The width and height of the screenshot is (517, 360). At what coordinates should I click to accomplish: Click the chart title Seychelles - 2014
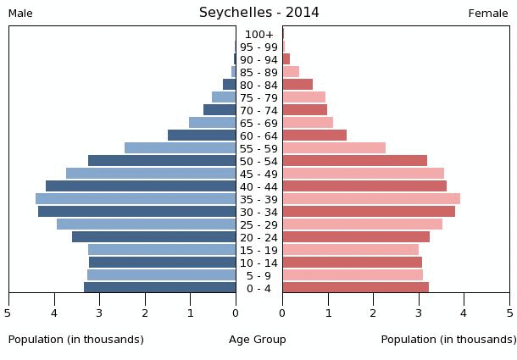point(259,13)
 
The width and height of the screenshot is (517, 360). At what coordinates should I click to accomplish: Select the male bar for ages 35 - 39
point(136,199)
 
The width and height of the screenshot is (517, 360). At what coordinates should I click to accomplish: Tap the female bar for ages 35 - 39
point(371,199)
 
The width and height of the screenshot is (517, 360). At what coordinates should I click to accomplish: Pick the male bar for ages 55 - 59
point(181,148)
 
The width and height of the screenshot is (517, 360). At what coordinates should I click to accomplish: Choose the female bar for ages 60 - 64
point(314,136)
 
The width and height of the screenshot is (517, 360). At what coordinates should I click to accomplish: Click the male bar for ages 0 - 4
point(160,288)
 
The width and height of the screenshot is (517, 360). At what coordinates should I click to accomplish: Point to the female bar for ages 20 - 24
point(356,237)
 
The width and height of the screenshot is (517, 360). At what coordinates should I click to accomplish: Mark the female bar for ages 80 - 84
point(297,85)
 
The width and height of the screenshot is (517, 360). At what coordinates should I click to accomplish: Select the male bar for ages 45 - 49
point(151,174)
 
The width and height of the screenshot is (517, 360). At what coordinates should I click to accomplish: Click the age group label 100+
point(259,35)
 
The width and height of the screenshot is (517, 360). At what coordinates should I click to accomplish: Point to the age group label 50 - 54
point(259,161)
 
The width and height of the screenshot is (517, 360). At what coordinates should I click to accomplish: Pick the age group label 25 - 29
point(259,224)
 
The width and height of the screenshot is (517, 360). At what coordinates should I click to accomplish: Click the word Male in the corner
point(20,14)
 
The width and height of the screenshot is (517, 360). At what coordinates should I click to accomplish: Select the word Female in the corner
point(488,14)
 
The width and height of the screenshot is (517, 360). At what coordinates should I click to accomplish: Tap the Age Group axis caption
point(258,340)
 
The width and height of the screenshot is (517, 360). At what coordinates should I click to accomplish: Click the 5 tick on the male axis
point(8,313)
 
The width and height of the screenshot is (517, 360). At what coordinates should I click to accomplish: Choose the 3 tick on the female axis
point(419,313)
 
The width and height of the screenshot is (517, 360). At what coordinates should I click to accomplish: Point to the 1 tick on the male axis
point(191,313)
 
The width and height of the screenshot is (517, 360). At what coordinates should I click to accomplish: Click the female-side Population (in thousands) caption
point(448,340)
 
